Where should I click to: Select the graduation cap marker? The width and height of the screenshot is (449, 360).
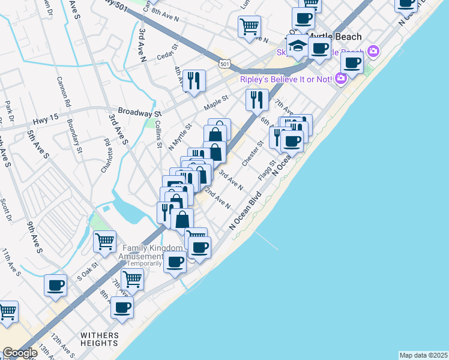pos(297,46)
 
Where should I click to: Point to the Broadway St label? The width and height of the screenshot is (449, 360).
pos(140,112)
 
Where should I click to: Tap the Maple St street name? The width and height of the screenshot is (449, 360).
pos(216,103)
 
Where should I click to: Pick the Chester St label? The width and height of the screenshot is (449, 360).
pos(253,154)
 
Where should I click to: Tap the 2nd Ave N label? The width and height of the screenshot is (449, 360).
pos(218,199)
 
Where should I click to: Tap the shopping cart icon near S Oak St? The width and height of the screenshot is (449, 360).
pos(105,241)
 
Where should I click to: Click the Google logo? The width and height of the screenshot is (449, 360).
pos(19,353)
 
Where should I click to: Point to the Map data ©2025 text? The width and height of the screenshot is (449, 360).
pos(423,355)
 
